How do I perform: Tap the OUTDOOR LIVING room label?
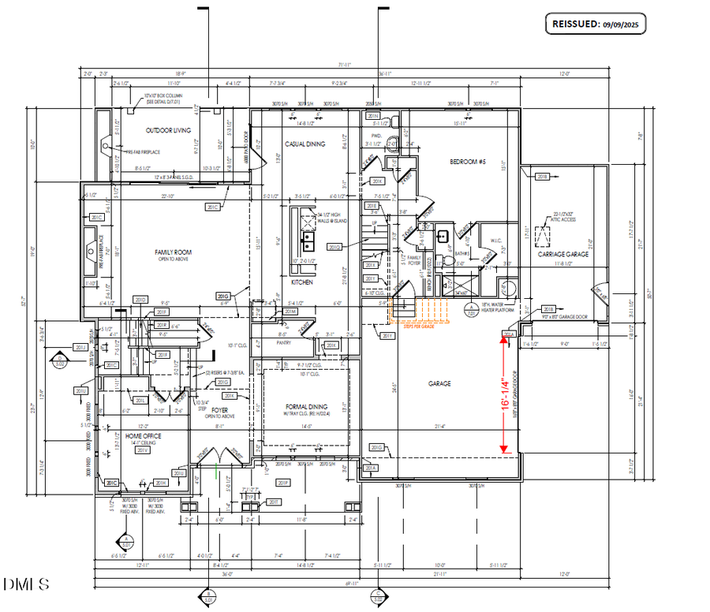pyautogui.click(x=170, y=130)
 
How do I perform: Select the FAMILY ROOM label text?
pyautogui.click(x=173, y=253)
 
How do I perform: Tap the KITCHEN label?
pyautogui.click(x=304, y=282)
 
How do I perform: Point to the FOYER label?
pyautogui.click(x=219, y=410)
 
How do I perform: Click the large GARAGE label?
pyautogui.click(x=439, y=383)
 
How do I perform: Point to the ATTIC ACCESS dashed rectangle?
pyautogui.click(x=544, y=236)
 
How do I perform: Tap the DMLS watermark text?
pyautogui.click(x=25, y=584)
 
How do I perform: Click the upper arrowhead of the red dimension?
pyautogui.click(x=505, y=334)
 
